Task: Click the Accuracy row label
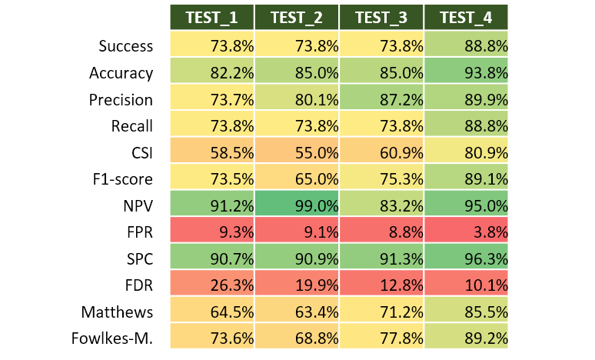121,73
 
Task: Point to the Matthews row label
117,312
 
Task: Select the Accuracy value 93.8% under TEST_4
466,73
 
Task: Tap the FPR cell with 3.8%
466,232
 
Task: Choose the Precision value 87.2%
381,99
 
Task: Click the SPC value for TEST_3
381,258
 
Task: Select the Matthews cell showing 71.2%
381,312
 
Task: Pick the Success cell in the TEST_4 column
466,46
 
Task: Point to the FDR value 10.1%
466,285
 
